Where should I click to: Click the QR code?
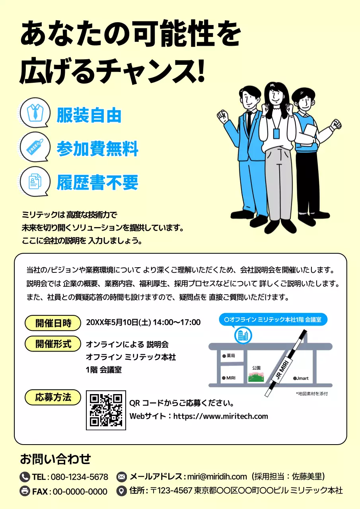pyautogui.click(x=106, y=410)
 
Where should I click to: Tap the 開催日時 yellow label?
pyautogui.click(x=53, y=323)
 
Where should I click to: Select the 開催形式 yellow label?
pyautogui.click(x=53, y=344)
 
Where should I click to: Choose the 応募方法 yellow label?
pyautogui.click(x=53, y=397)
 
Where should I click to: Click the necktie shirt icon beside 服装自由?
pyautogui.click(x=35, y=113)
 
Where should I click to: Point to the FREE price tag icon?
pyautogui.click(x=35, y=147)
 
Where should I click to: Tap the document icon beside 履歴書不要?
pyautogui.click(x=35, y=181)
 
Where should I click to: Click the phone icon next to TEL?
pyautogui.click(x=25, y=476)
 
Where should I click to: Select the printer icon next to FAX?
pyautogui.click(x=25, y=491)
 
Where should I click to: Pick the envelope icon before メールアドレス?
pyautogui.click(x=121, y=476)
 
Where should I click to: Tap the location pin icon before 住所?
pyautogui.click(x=121, y=491)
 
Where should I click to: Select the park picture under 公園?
pyautogui.click(x=256, y=377)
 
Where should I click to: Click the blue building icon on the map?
pyautogui.click(x=242, y=335)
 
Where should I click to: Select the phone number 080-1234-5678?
pyautogui.click(x=80, y=477)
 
